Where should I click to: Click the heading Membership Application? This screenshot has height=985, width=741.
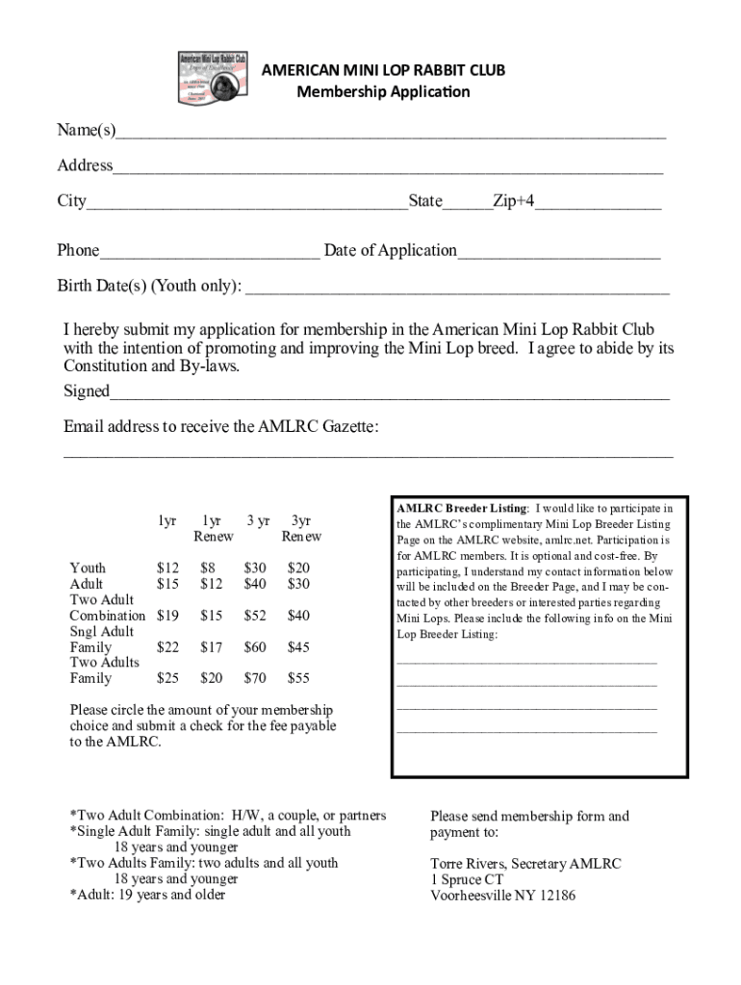pos(383,92)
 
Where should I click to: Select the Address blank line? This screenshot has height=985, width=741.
pos(387,167)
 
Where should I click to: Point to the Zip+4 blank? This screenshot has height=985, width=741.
pos(599,203)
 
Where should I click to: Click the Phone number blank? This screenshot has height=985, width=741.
pos(209,253)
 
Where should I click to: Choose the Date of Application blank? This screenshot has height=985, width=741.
pos(558,253)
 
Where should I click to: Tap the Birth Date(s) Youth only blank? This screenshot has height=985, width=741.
pos(457,288)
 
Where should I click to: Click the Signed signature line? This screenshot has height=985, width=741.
pos(389,393)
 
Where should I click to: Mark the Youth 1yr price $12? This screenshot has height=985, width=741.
pos(167,568)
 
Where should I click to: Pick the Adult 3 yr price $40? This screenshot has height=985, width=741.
pos(255,584)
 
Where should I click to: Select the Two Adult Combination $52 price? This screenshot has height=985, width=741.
pos(255,616)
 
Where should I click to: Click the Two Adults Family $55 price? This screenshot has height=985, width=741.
pos(298,678)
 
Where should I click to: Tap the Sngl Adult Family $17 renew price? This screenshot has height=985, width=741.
pos(211,647)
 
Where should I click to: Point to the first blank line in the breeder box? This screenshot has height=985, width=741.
pos(526,661)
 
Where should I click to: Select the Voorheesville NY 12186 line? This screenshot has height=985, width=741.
pos(502,896)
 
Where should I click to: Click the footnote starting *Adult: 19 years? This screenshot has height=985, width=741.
pos(147,896)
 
